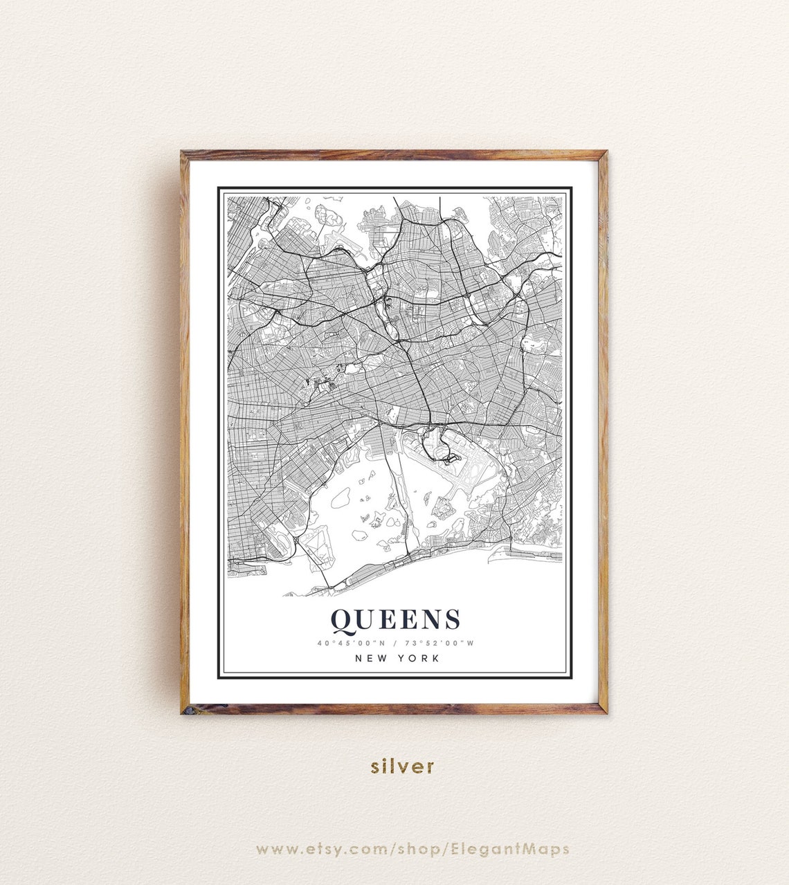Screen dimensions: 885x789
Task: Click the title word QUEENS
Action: pos(395,620)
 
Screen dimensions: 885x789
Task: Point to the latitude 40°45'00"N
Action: pos(351,643)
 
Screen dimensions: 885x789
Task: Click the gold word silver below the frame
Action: pos(402,766)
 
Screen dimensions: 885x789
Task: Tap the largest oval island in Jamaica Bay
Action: pos(340,497)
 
